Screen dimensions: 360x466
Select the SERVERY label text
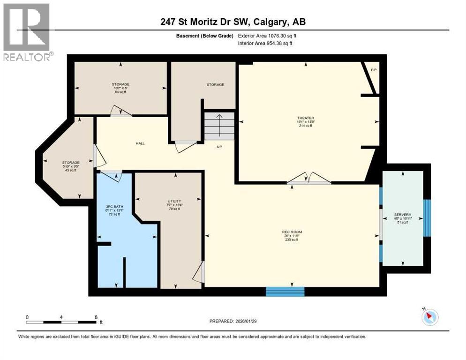tap(403, 215)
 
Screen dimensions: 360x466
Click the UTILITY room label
tap(174, 201)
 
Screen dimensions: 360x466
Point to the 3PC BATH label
tap(114, 206)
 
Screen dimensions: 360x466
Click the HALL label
tap(140, 143)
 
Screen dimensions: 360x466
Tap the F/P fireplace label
tap(374, 70)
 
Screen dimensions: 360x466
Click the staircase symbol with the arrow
tap(219, 126)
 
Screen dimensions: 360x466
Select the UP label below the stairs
tap(219, 147)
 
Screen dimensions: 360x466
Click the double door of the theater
tap(309, 179)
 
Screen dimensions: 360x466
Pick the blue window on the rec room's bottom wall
tap(285, 292)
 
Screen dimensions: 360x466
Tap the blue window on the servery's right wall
tap(427, 218)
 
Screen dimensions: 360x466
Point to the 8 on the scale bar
tap(96, 317)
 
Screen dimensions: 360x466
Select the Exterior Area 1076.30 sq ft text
tap(267, 36)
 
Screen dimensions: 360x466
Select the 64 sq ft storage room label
tap(120, 92)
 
